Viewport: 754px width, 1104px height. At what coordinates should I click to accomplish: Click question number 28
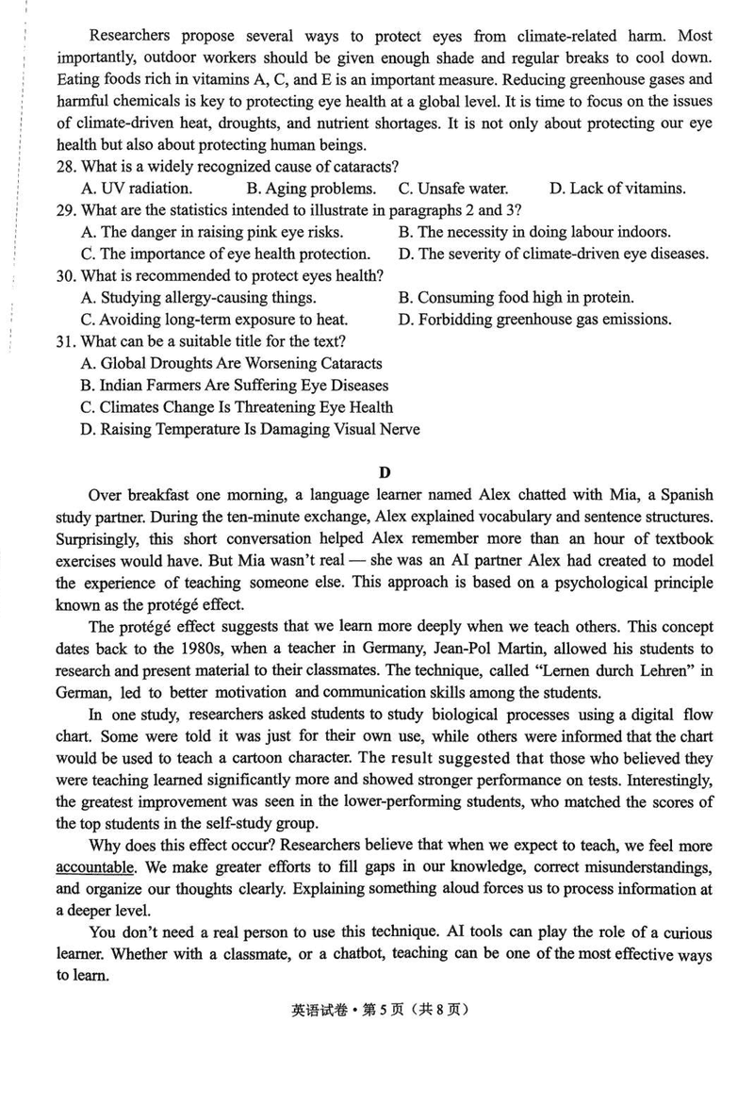66,166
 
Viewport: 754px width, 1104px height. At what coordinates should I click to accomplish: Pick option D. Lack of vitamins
617,188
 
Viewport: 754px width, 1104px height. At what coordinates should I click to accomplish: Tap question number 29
66,209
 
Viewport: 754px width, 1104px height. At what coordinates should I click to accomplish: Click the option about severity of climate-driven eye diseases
553,254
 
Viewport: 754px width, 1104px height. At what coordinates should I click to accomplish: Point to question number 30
66,275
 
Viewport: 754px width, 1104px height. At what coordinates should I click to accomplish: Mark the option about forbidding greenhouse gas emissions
535,319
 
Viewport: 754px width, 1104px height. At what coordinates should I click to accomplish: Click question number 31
66,341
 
